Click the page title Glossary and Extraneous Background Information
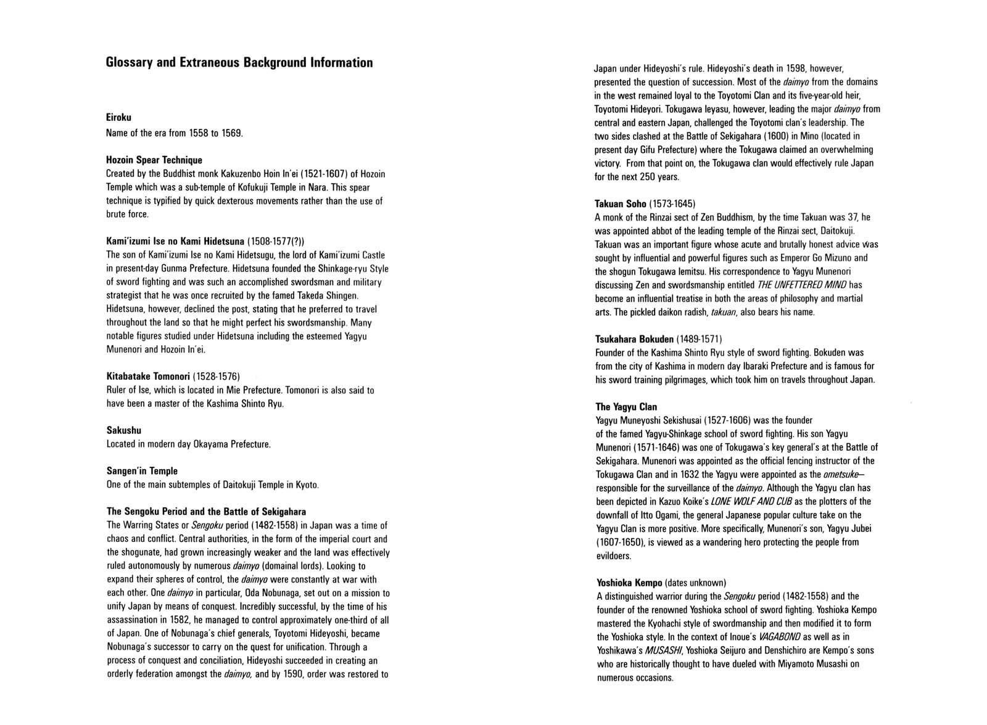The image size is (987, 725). coord(239,63)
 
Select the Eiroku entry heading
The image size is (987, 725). coord(118,117)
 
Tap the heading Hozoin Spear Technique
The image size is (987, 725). coord(154,160)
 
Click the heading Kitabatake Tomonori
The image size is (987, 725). coord(147,376)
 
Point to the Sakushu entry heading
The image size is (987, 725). coord(124,430)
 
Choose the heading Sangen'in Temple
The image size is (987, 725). coord(142,471)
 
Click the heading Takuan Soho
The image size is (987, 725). coord(621,203)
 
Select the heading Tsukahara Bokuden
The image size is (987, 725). coord(634,339)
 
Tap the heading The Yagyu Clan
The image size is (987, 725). coord(626,407)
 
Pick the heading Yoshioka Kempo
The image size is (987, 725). coord(629,583)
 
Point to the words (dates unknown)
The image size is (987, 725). coord(696,583)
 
